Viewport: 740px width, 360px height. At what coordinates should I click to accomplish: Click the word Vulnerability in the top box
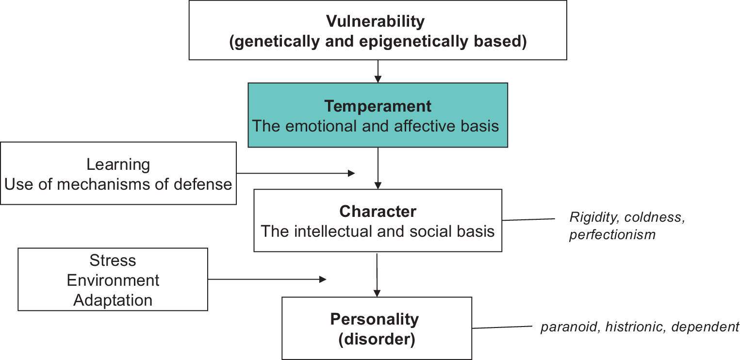[x=375, y=22]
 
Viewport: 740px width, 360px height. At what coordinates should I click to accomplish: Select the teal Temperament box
[x=378, y=115]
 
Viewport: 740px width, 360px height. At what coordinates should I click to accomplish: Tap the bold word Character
[x=378, y=212]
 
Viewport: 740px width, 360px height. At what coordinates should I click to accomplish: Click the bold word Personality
[x=374, y=319]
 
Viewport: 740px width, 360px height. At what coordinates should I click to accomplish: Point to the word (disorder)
[x=377, y=339]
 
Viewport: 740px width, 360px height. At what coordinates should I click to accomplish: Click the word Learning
[x=118, y=164]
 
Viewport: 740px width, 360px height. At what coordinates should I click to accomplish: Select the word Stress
[x=113, y=261]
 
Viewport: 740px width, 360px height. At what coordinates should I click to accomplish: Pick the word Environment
[x=113, y=280]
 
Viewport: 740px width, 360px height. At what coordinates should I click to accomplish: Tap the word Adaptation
[x=113, y=300]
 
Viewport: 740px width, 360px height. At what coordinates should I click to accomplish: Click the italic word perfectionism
[x=612, y=235]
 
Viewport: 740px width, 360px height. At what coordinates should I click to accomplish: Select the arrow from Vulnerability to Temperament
[x=378, y=71]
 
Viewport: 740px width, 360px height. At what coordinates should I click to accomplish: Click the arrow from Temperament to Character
[x=378, y=168]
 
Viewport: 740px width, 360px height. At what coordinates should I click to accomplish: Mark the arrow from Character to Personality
[x=377, y=274]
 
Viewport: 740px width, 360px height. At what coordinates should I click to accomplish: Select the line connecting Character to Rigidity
[x=528, y=219]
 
